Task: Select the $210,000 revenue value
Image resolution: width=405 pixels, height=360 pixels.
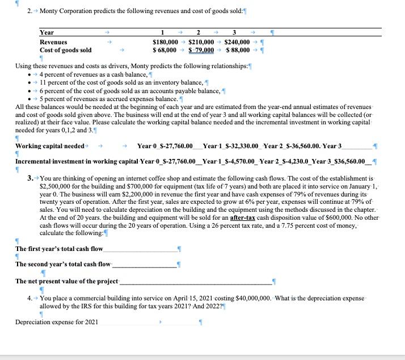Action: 201,42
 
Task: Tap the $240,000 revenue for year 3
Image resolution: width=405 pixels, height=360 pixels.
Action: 237,42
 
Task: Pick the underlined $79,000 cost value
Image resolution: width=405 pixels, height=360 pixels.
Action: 201,51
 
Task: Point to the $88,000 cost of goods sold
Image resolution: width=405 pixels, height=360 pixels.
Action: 237,51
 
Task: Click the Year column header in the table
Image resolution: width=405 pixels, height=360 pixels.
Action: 47,33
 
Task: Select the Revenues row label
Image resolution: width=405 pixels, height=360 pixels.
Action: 53,42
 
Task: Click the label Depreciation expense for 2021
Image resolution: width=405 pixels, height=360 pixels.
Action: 56,322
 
